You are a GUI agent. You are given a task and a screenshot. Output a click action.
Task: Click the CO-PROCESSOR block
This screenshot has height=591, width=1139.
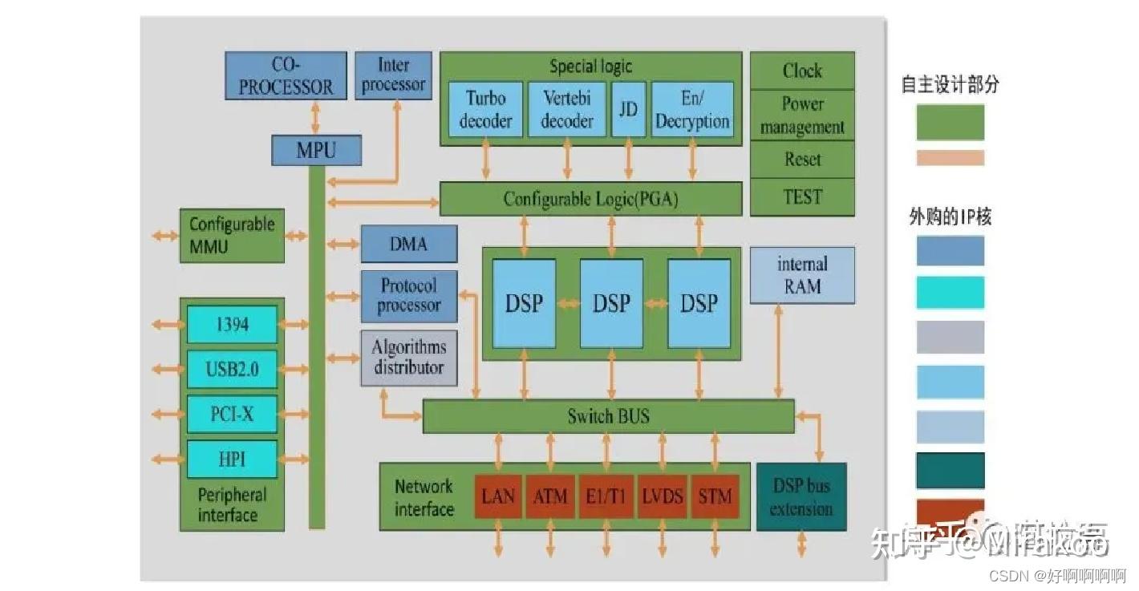286,75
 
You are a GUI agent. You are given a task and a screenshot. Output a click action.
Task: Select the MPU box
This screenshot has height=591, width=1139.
316,150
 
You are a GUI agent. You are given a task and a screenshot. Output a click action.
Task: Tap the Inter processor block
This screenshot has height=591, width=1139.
393,75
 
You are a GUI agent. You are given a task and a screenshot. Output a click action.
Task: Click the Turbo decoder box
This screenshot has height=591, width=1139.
485,109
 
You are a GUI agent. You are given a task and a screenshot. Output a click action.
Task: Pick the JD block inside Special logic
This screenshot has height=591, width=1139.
628,109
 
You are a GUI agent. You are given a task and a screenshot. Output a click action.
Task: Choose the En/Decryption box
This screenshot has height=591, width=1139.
692,109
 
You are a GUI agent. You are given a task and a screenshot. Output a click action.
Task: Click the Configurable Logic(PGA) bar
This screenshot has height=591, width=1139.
590,199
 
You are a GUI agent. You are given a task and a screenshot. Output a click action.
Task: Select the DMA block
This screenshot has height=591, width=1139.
408,244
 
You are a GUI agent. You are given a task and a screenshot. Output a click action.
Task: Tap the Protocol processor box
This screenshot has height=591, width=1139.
408,296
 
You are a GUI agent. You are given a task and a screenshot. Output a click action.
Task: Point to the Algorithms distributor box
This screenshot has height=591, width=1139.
408,358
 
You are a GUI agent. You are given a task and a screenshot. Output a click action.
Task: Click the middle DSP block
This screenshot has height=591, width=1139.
611,303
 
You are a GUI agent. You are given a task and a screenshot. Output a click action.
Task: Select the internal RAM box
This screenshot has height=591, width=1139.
802,275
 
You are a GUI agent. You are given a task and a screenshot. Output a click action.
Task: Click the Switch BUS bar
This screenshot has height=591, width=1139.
608,416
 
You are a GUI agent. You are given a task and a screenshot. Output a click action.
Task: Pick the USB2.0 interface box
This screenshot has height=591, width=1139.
232,370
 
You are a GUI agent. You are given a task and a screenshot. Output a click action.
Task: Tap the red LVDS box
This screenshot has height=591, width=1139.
662,496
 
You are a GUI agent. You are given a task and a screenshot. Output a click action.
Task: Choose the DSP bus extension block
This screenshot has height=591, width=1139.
801,497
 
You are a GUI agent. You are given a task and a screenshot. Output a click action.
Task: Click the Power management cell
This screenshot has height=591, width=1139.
802,115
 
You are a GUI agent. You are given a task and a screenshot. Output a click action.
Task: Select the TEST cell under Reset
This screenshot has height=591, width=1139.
802,197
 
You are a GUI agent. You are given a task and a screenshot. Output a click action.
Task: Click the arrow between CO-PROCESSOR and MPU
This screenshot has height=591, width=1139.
315,118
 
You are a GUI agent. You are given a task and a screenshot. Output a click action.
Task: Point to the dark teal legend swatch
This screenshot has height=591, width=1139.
950,471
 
